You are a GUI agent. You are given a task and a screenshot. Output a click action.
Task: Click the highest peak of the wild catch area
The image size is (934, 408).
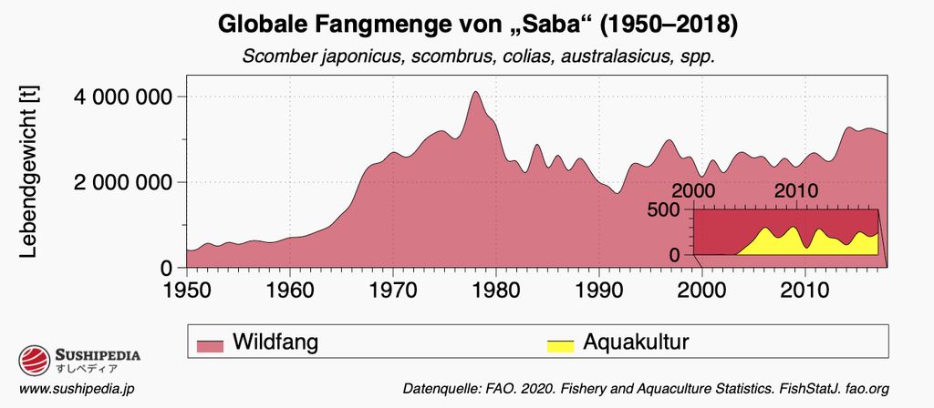pos(475,92)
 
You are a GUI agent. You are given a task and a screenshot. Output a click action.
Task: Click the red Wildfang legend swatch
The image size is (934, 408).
pos(210,345)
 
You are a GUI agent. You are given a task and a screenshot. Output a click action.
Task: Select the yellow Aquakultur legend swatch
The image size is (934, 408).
pos(559,345)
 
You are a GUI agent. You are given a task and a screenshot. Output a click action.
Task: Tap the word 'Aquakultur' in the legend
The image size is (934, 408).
pos(635,342)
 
